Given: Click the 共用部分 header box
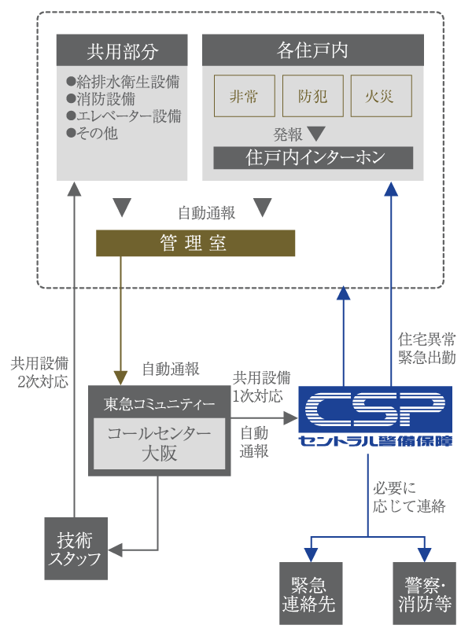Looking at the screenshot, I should tap(122, 51).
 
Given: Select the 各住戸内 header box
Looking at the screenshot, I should tap(313, 51).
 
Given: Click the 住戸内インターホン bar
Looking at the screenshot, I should tap(313, 157).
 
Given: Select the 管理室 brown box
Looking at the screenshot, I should tap(195, 243).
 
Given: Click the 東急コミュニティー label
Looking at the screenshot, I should tap(159, 404).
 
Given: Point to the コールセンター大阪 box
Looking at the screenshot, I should tap(159, 443).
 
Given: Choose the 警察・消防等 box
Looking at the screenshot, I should tap(424, 594).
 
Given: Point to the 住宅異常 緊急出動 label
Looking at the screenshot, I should tap(426, 347).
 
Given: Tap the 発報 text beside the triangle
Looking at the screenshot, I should tap(288, 134).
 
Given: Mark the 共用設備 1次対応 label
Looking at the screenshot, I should tap(261, 385).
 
